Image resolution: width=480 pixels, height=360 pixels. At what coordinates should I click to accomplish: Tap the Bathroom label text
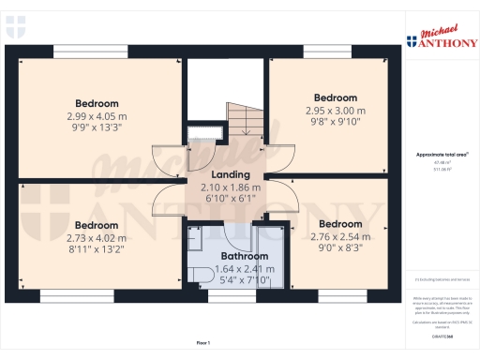click(244, 255)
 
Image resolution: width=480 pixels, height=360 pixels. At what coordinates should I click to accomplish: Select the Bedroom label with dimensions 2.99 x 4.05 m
click(97, 103)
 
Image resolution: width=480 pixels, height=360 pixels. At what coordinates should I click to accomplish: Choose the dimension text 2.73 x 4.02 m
click(97, 238)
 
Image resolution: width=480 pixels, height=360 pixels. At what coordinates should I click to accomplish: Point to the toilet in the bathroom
click(201, 272)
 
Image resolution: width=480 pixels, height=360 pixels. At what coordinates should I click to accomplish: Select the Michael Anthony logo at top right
click(442, 37)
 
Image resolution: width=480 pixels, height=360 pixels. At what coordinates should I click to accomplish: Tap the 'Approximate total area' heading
click(442, 154)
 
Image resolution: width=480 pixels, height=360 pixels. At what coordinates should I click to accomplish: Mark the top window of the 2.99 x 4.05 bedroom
click(78, 52)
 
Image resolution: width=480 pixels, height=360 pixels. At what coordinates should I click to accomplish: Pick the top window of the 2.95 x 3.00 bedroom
click(327, 52)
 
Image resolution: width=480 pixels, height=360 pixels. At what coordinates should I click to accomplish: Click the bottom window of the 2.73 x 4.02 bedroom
click(65, 295)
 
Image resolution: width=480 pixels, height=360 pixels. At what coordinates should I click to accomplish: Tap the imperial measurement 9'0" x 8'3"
click(340, 247)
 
